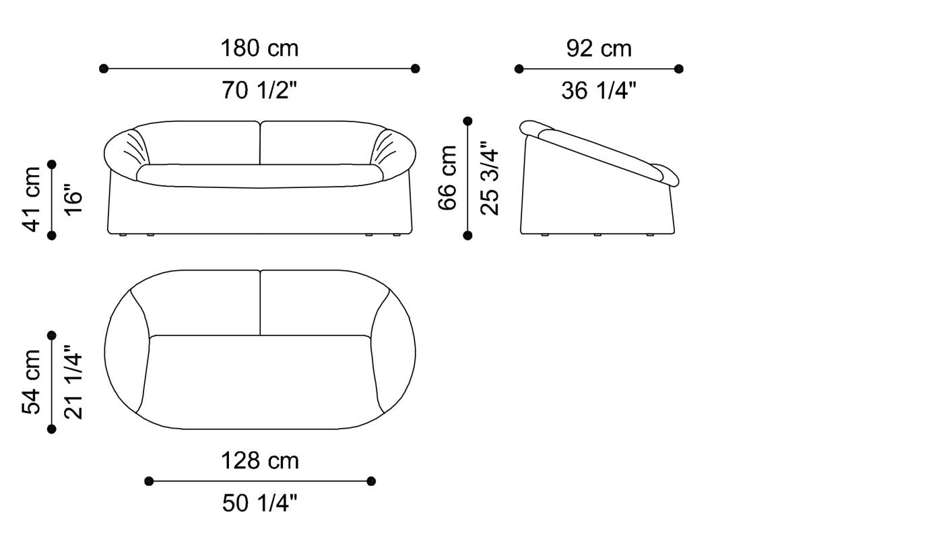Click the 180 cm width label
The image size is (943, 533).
259,49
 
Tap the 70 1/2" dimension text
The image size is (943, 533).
259,90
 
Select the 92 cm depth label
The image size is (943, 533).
599,49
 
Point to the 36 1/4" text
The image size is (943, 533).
599,90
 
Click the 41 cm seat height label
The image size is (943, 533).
32,199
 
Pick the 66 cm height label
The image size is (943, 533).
447,178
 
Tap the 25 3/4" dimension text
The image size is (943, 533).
489,178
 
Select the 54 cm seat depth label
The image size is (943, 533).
32,382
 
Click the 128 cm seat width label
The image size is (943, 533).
260,461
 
